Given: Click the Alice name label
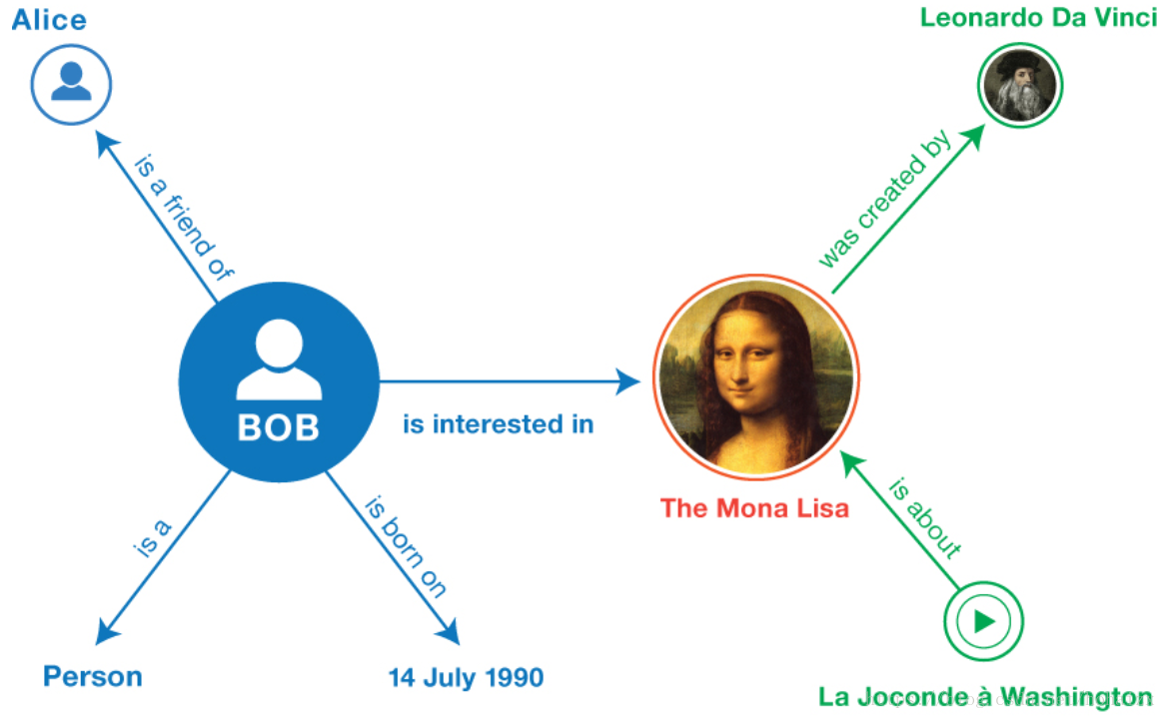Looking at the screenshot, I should click(49, 20).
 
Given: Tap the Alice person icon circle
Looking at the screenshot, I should click(71, 85).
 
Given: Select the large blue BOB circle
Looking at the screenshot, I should click(279, 380).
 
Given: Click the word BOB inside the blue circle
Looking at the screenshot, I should click(279, 427).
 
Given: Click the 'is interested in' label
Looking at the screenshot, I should click(498, 424).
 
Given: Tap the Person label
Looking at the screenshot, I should click(93, 677).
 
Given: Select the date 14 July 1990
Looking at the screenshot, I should click(466, 679).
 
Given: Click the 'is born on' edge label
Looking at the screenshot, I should click(405, 545).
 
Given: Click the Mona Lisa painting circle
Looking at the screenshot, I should click(755, 380).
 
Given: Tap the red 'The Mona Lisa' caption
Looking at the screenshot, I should click(754, 508).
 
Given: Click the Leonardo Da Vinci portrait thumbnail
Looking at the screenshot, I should click(1019, 85).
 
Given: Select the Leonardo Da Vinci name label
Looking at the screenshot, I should click(1039, 18).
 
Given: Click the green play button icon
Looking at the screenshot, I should click(984, 622).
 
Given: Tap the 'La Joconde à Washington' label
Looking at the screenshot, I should click(985, 696).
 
